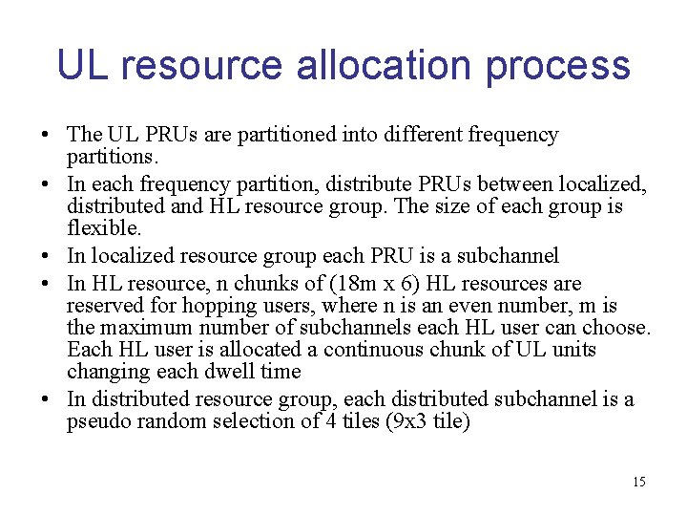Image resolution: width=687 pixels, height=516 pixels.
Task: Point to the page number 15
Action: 638,482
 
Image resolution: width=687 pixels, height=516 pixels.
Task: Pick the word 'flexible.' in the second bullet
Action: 104,228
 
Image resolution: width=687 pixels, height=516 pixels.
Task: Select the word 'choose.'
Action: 619,328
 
